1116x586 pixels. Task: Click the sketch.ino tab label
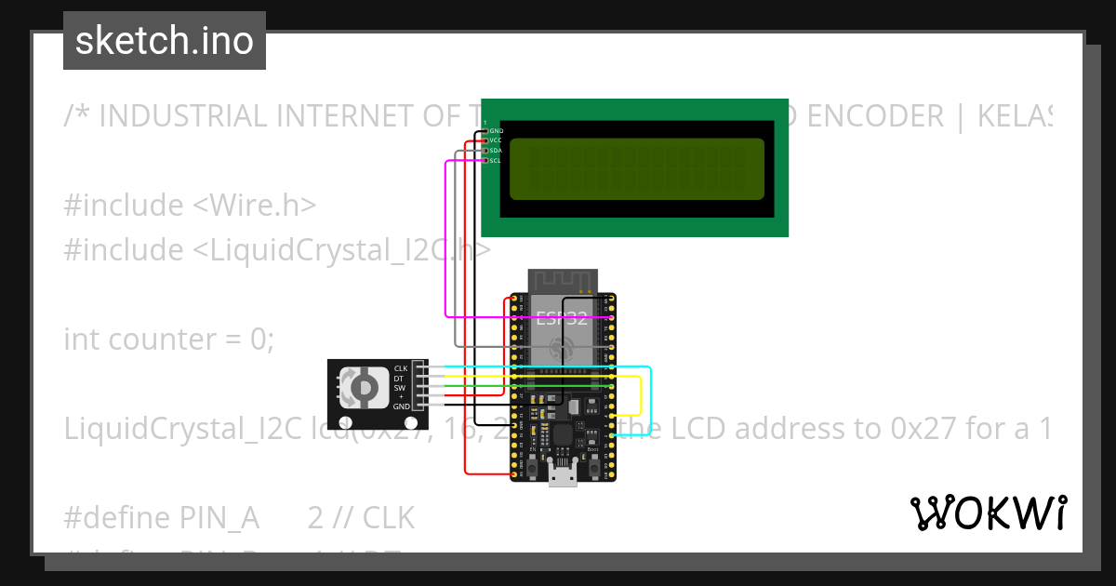(165, 41)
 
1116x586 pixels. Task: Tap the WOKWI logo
(988, 513)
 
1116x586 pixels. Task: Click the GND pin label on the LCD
(496, 131)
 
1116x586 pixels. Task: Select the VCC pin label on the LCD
(496, 140)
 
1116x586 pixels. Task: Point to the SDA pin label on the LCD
(496, 151)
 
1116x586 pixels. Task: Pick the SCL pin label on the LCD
(496, 160)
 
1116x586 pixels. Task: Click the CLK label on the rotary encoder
(401, 368)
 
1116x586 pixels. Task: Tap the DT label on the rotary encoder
(399, 378)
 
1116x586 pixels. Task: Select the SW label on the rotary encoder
(399, 387)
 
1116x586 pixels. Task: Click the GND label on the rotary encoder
(401, 406)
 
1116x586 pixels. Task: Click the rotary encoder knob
(363, 388)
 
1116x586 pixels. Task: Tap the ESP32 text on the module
(562, 317)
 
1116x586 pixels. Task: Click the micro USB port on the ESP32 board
(561, 477)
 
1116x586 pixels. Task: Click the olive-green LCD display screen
(637, 168)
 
